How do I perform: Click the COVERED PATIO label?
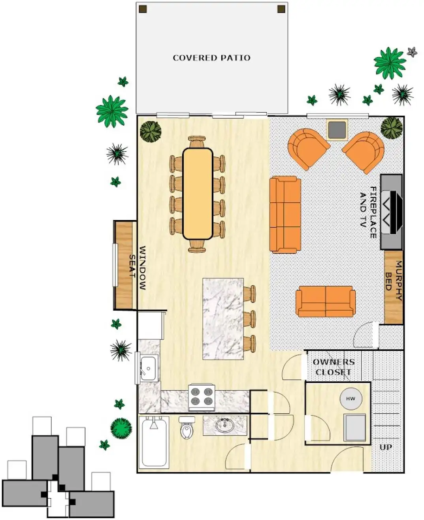(211, 58)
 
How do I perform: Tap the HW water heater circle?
(351, 399)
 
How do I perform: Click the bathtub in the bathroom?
(154, 442)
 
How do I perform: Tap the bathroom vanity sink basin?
(224, 425)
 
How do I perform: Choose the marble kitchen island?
(223, 319)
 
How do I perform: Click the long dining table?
(198, 194)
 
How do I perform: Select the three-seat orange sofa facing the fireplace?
(285, 214)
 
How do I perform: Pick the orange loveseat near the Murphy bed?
(326, 301)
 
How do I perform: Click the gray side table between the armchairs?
(337, 130)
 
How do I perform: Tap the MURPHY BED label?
(394, 280)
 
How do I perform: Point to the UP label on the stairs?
(386, 447)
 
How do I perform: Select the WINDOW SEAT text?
(138, 268)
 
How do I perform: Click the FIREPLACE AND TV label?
(368, 212)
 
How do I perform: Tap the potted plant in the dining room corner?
(151, 132)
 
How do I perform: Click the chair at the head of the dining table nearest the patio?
(197, 142)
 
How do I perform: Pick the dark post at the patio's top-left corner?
(143, 9)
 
